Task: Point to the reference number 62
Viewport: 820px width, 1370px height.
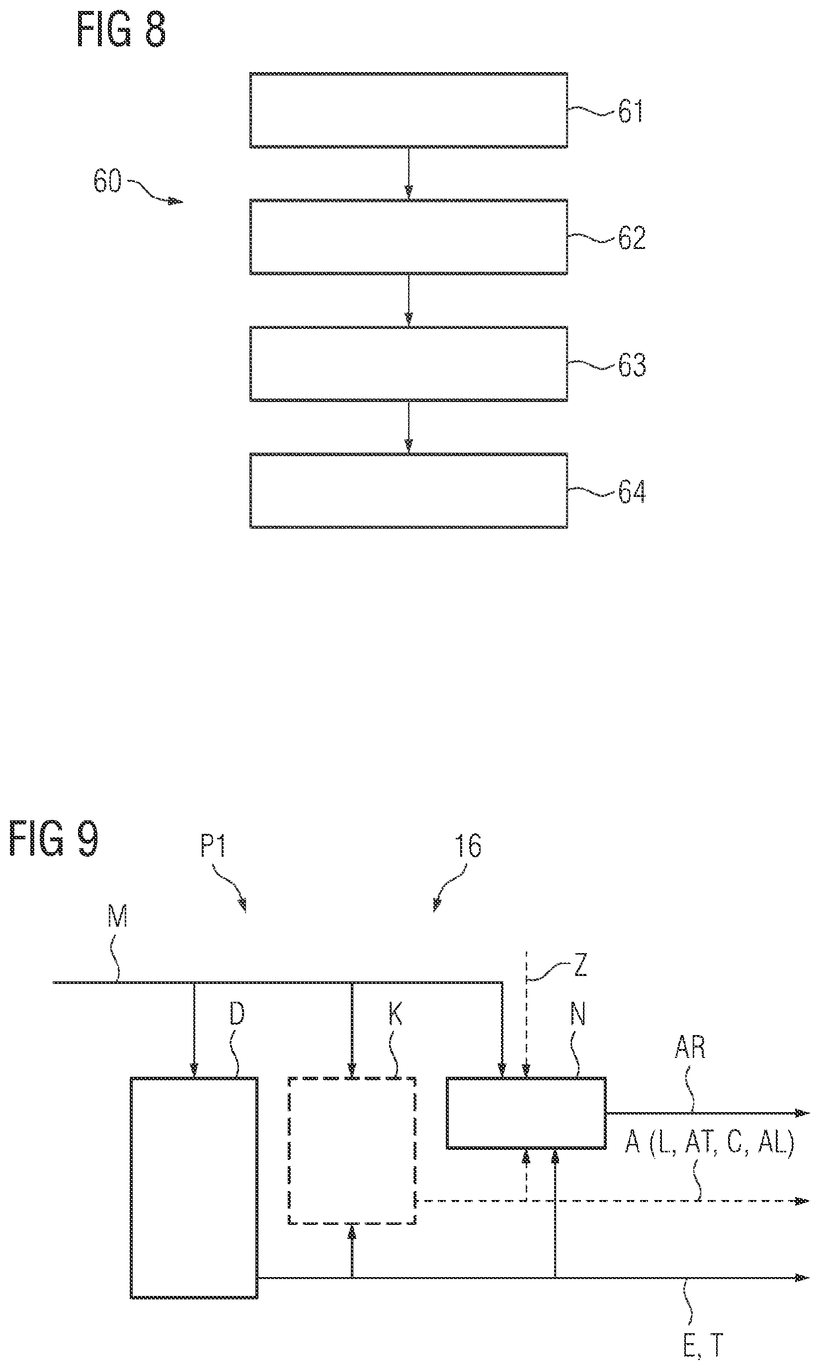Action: pyautogui.click(x=632, y=239)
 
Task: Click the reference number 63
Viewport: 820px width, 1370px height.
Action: pyautogui.click(x=632, y=366)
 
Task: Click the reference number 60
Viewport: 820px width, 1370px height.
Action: pyautogui.click(x=107, y=181)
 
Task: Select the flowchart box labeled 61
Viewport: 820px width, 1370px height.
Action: pyautogui.click(x=409, y=110)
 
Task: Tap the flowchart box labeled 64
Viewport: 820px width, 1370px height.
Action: pyautogui.click(x=409, y=490)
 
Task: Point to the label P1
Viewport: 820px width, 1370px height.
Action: pyautogui.click(x=213, y=845)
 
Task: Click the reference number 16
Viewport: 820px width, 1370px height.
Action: pyautogui.click(x=468, y=845)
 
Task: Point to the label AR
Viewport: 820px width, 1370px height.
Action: pyautogui.click(x=690, y=1048)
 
